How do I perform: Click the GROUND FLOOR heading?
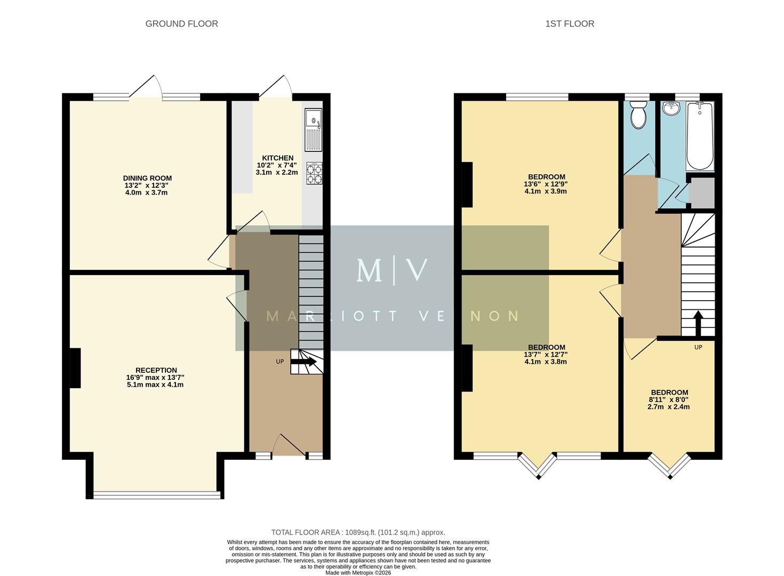pos(181,23)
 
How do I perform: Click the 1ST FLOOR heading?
pos(569,23)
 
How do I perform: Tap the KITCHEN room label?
pos(277,158)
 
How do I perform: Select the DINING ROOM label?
pos(147,178)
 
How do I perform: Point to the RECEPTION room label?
pos(156,370)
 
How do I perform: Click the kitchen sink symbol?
pos(313,130)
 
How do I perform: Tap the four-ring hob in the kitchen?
pos(314,173)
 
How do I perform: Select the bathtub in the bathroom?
pos(700,136)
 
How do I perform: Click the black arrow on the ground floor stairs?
pos(306,362)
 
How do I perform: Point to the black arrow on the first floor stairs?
pos(698,322)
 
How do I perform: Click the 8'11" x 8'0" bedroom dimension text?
pos(668,399)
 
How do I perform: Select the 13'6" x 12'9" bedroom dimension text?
pos(546,184)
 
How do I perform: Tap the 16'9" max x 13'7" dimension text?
pos(155,378)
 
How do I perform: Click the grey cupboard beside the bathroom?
pos(701,193)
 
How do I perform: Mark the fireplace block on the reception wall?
pos(75,368)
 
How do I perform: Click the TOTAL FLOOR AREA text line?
pos(358,532)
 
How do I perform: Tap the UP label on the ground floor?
pos(279,362)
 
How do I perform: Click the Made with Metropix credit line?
pos(358,573)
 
